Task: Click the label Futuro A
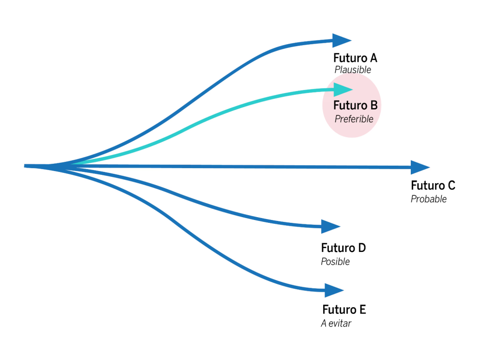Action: (355, 58)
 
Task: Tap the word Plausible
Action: (353, 70)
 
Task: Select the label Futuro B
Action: (355, 105)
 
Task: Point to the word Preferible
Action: (354, 119)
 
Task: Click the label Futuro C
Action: (433, 186)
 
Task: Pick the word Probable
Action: (429, 199)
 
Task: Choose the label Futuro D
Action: (343, 248)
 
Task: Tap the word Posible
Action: (335, 261)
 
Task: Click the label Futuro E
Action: (344, 310)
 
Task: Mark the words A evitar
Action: (336, 324)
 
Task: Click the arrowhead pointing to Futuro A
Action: (342, 40)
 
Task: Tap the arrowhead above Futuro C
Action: (420, 167)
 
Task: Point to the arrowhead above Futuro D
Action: (331, 226)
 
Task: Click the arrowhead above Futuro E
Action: (334, 290)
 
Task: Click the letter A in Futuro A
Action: (373, 58)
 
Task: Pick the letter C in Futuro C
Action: (451, 186)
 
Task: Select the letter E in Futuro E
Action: (362, 310)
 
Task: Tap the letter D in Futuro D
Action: (362, 248)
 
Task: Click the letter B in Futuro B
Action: (374, 105)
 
